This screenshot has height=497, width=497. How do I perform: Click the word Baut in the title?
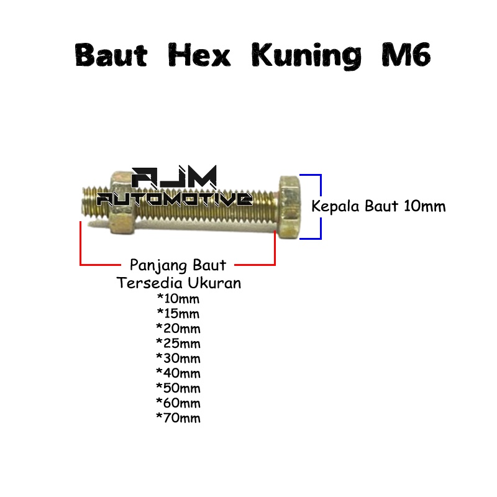coord(111,56)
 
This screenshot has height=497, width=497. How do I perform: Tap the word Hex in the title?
coord(199,56)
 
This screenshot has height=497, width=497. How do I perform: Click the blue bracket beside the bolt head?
coord(320,206)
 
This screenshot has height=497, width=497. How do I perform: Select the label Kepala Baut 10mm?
coord(378,206)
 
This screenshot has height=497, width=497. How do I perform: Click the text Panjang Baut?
coord(178,265)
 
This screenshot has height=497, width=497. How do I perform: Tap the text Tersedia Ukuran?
coord(179,283)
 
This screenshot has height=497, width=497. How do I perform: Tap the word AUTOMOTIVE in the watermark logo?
coord(175,199)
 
